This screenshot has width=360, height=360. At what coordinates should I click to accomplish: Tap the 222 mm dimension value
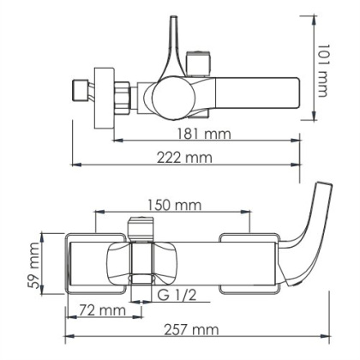[x=186, y=158]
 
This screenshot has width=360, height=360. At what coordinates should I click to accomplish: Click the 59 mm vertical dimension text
[x=35, y=265]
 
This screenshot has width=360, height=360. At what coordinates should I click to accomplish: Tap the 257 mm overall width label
[x=187, y=329]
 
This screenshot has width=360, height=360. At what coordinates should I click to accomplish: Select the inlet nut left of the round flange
[x=81, y=91]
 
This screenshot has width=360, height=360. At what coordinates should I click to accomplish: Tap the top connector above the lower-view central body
[x=141, y=229]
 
